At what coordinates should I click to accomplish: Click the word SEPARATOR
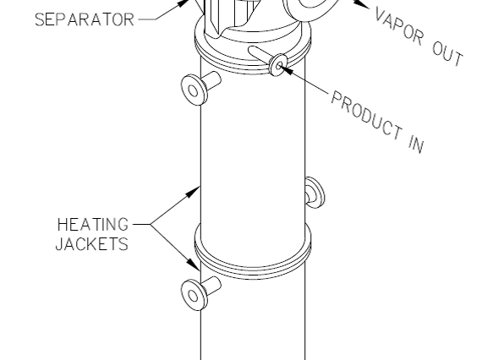[85, 19]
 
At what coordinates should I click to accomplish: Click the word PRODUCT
[366, 115]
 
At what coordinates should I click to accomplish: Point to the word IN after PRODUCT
[417, 145]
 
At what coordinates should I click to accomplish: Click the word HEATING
[93, 225]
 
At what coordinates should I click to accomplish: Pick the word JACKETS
[92, 244]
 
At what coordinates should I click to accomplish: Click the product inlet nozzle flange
[278, 65]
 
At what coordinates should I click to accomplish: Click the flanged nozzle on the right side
[315, 193]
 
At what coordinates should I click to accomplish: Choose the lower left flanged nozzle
[200, 293]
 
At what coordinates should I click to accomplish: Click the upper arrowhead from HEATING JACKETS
[193, 192]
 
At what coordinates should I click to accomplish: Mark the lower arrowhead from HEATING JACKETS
[194, 264]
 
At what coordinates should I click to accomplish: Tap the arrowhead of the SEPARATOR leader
[184, 3]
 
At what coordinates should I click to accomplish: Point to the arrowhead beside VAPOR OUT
[361, 3]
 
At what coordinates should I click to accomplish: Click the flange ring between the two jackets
[253, 270]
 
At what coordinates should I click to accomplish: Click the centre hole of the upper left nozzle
[193, 91]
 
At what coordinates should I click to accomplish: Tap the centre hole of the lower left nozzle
[193, 296]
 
